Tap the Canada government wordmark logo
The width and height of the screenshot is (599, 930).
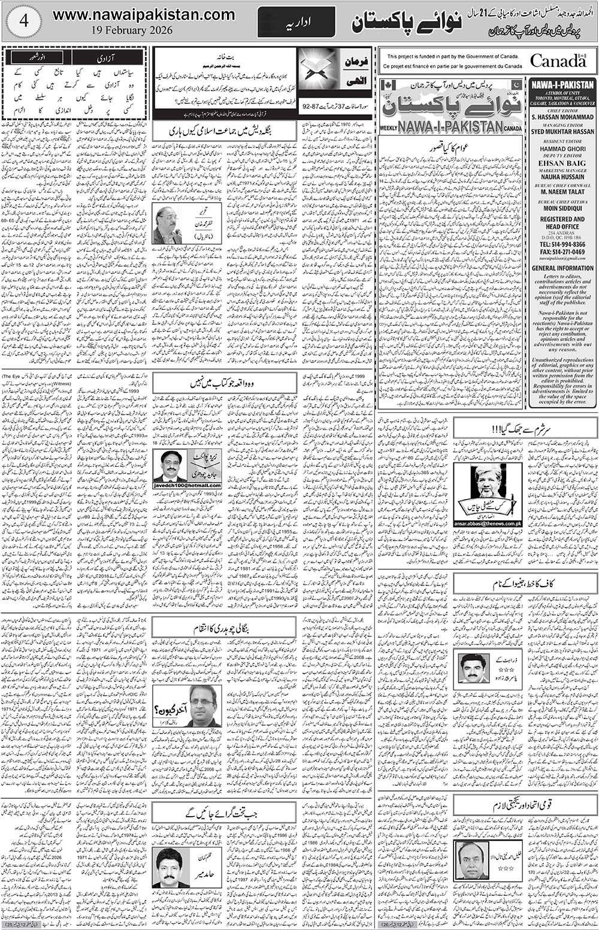pyautogui.click(x=558, y=61)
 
